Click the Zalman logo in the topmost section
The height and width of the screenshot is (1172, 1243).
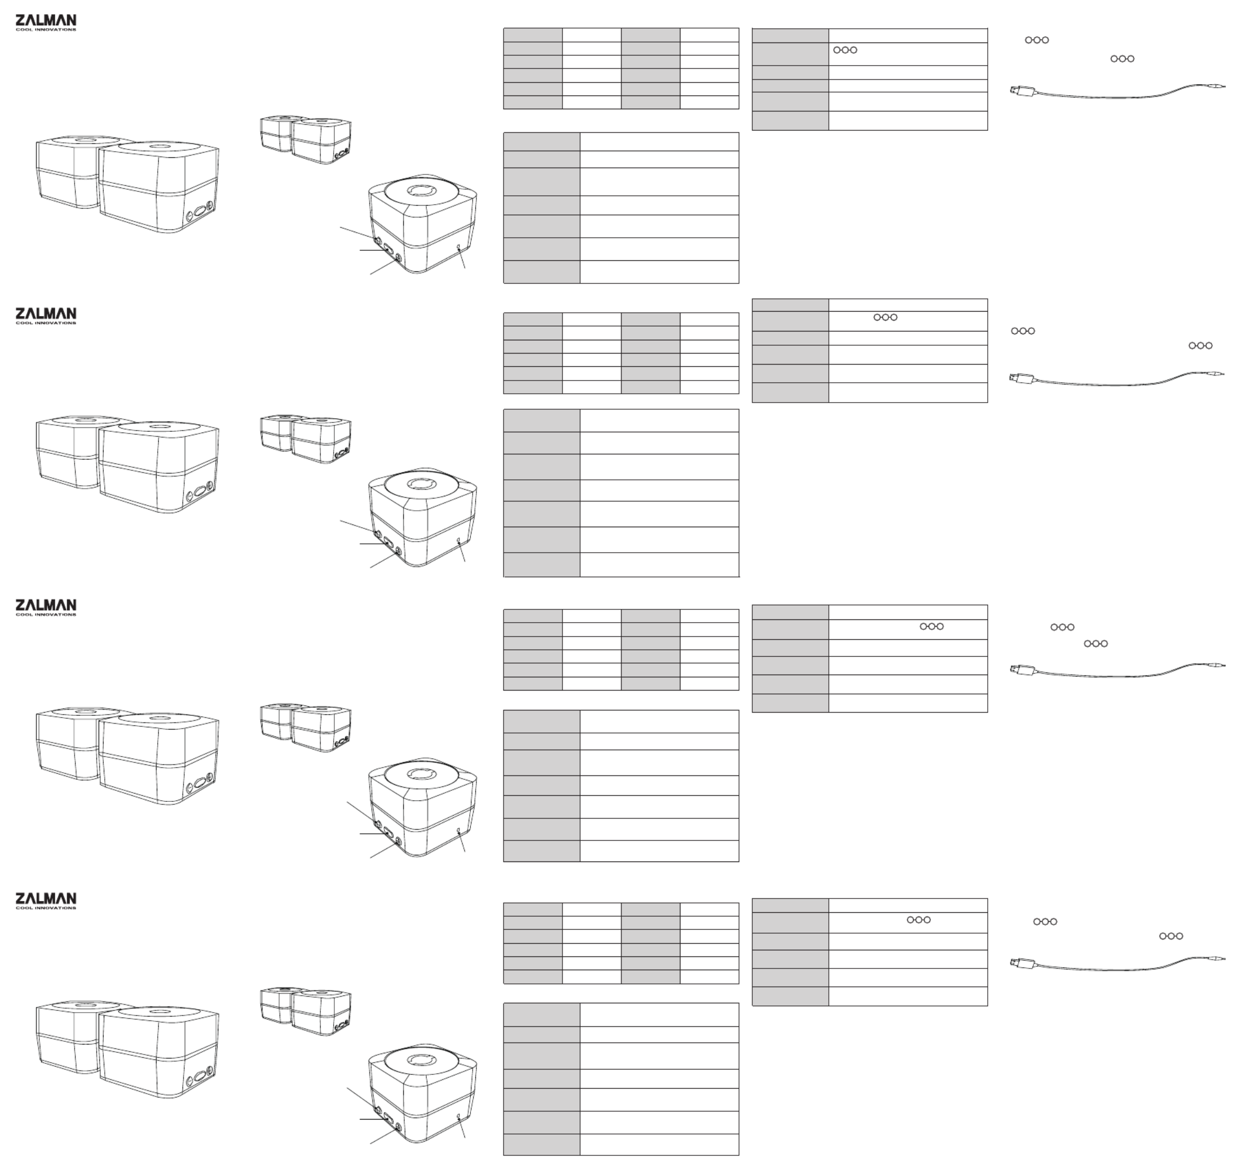[x=46, y=23]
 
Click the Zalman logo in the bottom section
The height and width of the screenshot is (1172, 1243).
[x=46, y=901]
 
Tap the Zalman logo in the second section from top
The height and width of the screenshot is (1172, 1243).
[x=46, y=315]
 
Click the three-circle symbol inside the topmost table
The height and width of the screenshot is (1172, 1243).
[x=845, y=50]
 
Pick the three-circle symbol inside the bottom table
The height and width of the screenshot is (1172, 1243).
[x=919, y=920]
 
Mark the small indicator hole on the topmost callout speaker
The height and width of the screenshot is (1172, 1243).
[x=459, y=247]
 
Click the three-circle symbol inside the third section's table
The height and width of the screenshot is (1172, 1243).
[x=931, y=626]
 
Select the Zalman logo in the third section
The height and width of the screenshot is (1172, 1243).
[x=46, y=607]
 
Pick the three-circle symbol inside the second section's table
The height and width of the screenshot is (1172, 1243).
[x=885, y=317]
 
